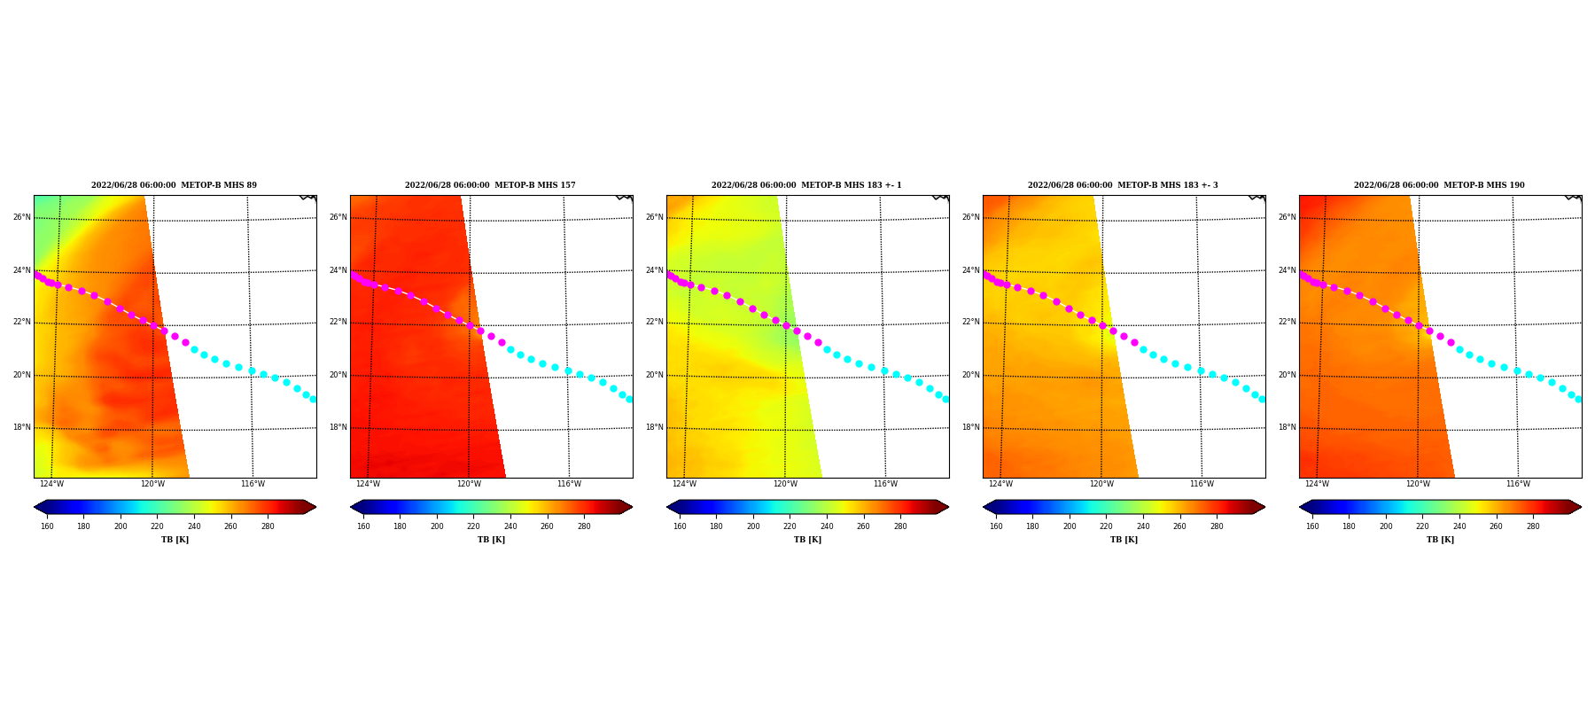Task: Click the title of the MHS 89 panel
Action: (174, 185)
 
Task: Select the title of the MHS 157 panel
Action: (490, 185)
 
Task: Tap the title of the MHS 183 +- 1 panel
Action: (806, 185)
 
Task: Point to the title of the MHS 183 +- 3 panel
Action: (1123, 185)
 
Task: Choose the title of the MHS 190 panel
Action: (1439, 185)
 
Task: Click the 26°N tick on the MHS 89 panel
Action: (22, 217)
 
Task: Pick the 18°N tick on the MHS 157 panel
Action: (338, 427)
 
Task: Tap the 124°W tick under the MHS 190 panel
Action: (1317, 484)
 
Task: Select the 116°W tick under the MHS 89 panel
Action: (253, 484)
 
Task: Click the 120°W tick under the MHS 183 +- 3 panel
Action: (1101, 484)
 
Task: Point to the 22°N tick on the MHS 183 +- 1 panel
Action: (655, 322)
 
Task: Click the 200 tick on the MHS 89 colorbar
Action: (121, 526)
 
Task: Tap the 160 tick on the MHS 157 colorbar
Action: (363, 526)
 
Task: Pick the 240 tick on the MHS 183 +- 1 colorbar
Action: (827, 526)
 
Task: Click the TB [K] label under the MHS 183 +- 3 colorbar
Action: (1124, 540)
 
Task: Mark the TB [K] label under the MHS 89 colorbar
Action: (175, 540)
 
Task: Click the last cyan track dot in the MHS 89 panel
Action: (313, 400)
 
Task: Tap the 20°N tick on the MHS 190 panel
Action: (1288, 375)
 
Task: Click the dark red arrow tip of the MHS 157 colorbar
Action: (632, 507)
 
